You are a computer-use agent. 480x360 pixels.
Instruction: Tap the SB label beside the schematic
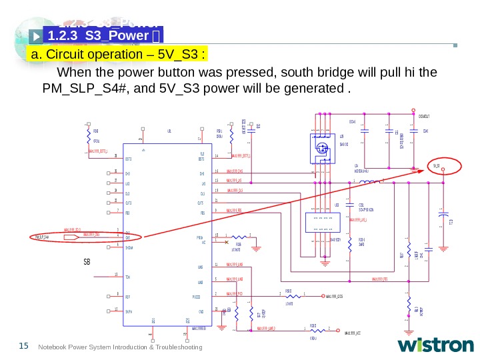point(87,262)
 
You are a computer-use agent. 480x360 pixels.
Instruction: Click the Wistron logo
point(435,345)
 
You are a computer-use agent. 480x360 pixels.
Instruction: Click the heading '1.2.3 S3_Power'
point(100,33)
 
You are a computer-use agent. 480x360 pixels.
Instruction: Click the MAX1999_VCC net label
point(353,333)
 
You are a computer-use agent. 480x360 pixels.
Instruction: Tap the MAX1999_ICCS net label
point(341,295)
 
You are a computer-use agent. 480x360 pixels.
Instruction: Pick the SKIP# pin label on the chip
point(129,311)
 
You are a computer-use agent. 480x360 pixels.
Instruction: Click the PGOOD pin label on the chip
point(196,295)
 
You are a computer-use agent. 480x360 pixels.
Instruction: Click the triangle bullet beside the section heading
point(36,33)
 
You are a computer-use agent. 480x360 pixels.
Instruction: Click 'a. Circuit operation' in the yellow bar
point(80,53)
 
